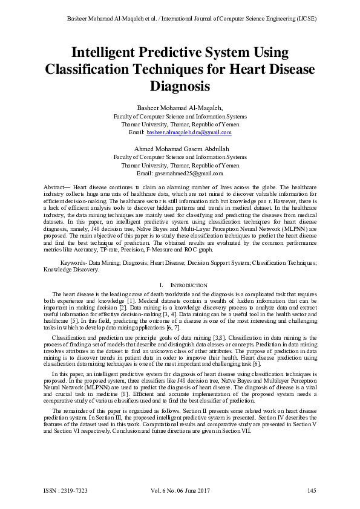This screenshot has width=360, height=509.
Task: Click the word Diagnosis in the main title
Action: (180, 86)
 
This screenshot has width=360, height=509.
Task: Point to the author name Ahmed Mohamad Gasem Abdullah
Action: (180, 148)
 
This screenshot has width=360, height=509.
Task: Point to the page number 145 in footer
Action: (312, 490)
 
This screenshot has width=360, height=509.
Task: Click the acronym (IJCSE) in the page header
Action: (303, 18)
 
